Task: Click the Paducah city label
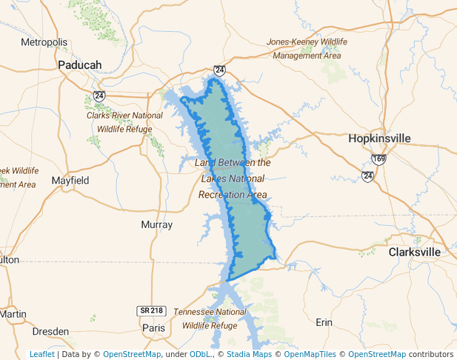79,65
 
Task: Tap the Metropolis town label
44,42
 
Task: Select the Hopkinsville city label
379,139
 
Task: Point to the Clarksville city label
415,252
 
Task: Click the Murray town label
156,224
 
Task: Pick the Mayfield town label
70,181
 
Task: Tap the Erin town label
324,322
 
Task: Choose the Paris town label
153,327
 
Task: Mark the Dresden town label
51,331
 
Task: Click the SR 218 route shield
150,310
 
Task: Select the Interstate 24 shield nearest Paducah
99,96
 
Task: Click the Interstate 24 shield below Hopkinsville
367,176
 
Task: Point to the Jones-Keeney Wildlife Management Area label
307,49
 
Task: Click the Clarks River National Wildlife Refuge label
124,122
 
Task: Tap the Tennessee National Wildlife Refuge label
210,319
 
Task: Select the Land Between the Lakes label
232,179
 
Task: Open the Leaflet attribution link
41,354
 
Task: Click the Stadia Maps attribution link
248,354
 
